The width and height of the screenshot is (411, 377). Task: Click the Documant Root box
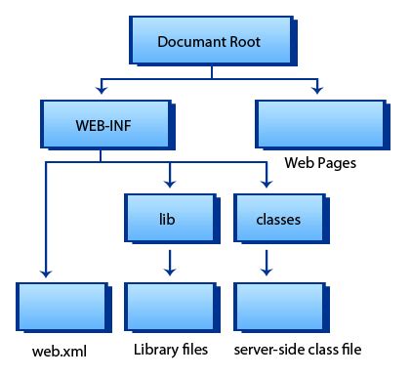pos(209,42)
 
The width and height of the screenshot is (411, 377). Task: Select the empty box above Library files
pos(169,306)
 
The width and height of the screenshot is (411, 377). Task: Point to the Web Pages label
pos(319,162)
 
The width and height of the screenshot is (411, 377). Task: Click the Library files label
pos(170,349)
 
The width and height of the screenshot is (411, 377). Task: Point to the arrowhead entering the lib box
pos(171,184)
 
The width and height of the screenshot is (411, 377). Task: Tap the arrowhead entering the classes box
pos(265,184)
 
